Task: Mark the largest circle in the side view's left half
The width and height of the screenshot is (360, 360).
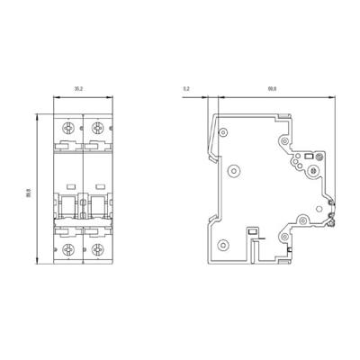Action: pos(235,170)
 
